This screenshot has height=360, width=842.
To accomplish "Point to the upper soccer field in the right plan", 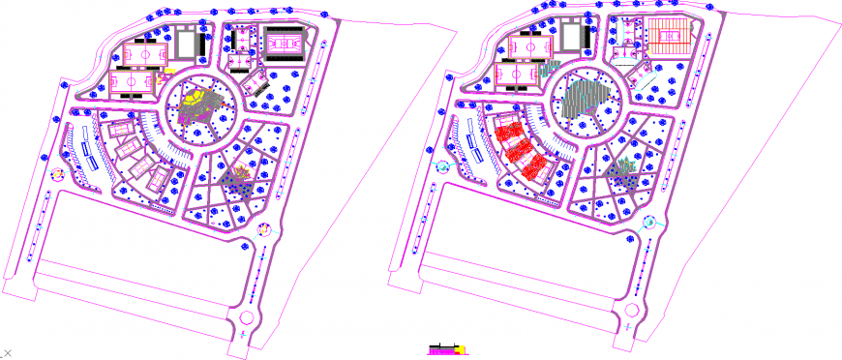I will pos(530,45).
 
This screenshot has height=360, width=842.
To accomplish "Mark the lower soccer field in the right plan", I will pos(520,74).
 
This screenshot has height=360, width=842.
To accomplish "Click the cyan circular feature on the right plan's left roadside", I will pos(443,166).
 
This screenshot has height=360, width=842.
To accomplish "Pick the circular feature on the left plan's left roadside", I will pos(56,175).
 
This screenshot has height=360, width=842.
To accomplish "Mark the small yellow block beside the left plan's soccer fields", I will pos(167,70).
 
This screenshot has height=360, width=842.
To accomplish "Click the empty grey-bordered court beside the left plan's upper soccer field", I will pos(183,43).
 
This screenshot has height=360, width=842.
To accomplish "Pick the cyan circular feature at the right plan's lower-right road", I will pos(648,222).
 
